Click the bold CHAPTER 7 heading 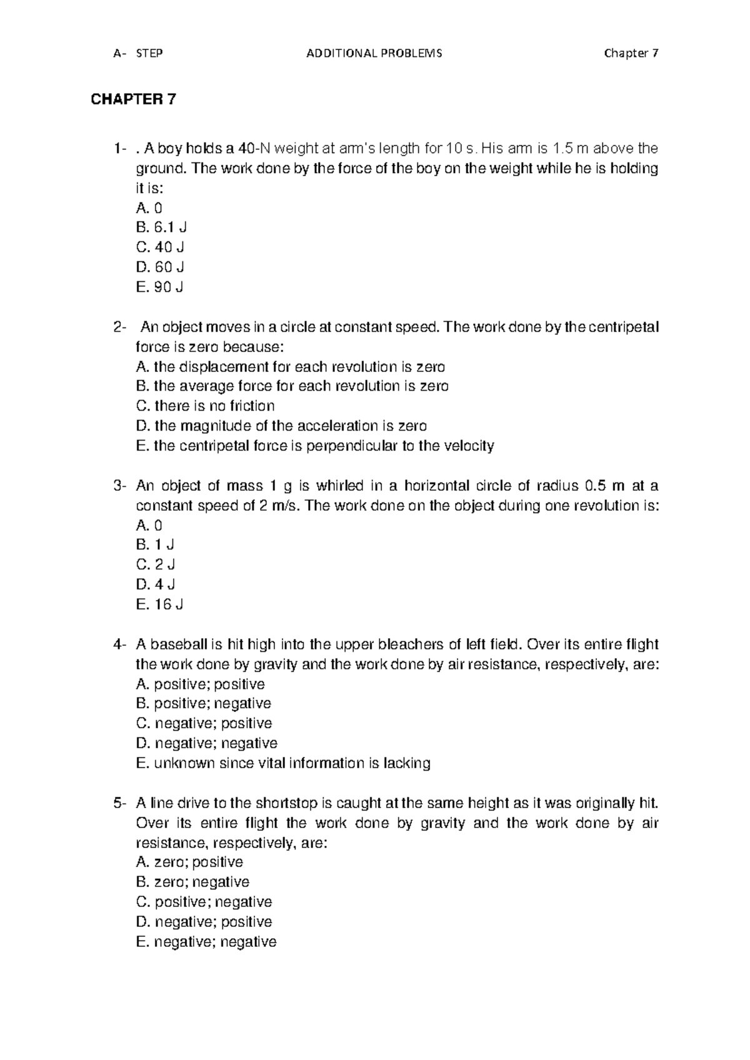click(134, 99)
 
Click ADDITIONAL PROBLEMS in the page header click(374, 53)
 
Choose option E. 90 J click(159, 287)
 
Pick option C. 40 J click(160, 247)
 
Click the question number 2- click(119, 327)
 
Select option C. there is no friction click(205, 406)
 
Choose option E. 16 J click(159, 605)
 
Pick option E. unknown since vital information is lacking click(282, 764)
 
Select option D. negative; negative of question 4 click(206, 744)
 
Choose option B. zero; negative click(192, 882)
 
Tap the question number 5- click(120, 803)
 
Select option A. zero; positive click(189, 862)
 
